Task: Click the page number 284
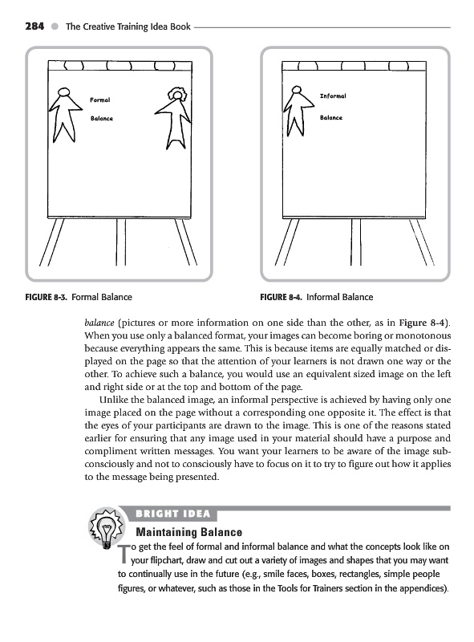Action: point(34,26)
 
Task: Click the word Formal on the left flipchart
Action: point(100,100)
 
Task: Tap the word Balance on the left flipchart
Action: point(102,118)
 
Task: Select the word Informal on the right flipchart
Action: point(333,95)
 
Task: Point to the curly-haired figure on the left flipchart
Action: point(174,118)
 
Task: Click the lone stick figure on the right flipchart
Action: point(298,111)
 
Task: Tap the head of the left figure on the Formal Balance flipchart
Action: point(63,92)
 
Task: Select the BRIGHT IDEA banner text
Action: point(172,514)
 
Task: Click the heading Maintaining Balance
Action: point(188,532)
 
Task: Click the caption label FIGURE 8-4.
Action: point(282,297)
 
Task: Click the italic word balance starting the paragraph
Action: point(99,323)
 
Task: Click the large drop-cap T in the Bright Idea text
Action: point(124,554)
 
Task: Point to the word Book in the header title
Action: point(180,26)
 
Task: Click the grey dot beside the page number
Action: point(55,26)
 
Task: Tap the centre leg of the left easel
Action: point(121,242)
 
